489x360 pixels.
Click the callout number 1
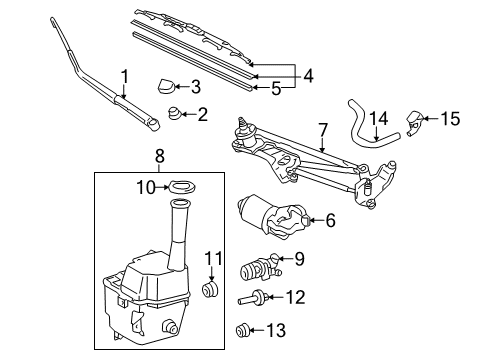tap(125, 76)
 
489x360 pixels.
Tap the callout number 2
tap(203, 114)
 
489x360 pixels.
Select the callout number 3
tap(196, 86)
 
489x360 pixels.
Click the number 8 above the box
tap(159, 156)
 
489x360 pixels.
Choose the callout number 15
tap(451, 120)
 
